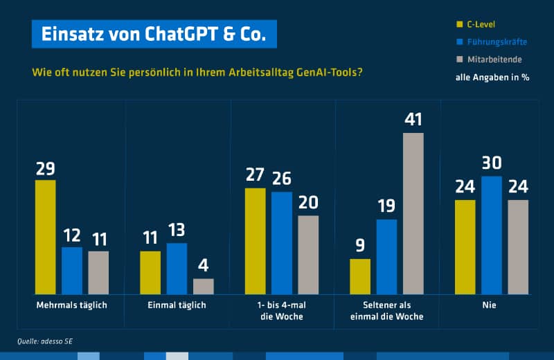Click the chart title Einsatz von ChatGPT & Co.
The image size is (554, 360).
pyautogui.click(x=153, y=34)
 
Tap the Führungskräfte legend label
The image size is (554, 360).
pyautogui.click(x=497, y=42)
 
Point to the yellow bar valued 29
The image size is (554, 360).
pyautogui.click(x=45, y=237)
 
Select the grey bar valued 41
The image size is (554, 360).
pyautogui.click(x=413, y=213)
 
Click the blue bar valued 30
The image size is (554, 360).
pyautogui.click(x=492, y=235)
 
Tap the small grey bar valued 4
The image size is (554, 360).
pyautogui.click(x=204, y=287)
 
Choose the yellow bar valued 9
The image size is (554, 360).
pyautogui.click(x=360, y=277)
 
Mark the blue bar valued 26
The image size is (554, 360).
pyautogui.click(x=282, y=243)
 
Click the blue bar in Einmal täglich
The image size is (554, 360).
pyautogui.click(x=177, y=269)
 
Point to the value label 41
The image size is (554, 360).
pyautogui.click(x=413, y=120)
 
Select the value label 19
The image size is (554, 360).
pyautogui.click(x=386, y=206)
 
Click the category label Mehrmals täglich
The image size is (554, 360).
pyautogui.click(x=71, y=305)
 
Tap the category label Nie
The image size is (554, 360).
pyautogui.click(x=491, y=305)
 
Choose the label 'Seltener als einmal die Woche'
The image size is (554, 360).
pyautogui.click(x=386, y=311)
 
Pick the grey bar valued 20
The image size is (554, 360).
pyautogui.click(x=308, y=255)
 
